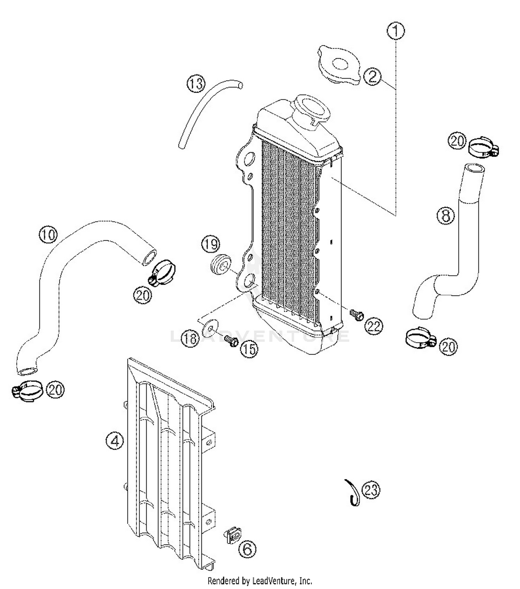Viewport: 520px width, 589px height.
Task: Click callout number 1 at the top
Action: point(396,31)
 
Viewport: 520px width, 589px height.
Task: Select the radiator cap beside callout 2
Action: point(339,66)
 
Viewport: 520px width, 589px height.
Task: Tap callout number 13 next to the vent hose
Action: point(196,84)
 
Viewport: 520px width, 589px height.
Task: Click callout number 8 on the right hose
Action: point(445,216)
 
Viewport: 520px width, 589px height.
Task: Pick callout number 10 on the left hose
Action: point(48,235)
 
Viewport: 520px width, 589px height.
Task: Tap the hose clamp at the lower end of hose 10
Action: point(28,391)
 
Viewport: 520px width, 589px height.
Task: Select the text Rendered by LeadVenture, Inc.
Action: point(260,580)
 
